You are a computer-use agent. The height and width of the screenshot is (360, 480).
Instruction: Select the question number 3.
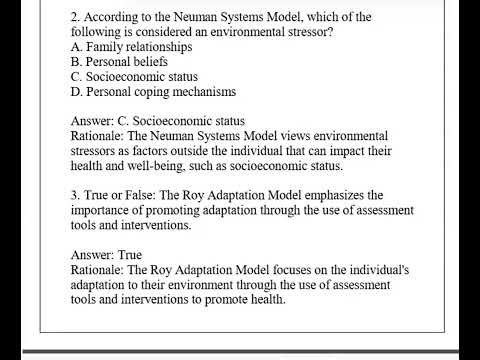click(x=75, y=195)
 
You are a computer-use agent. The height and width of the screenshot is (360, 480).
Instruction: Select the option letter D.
click(x=76, y=91)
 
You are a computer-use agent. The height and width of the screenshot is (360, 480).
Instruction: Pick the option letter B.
click(x=76, y=61)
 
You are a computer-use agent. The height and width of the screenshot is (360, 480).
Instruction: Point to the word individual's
click(x=384, y=270)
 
